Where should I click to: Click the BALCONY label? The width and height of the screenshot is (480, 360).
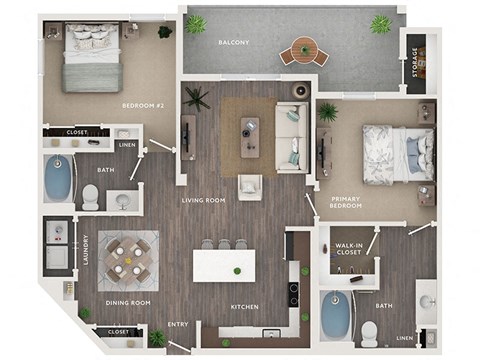[234, 43]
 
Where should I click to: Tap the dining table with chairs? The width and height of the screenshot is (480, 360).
[128, 257]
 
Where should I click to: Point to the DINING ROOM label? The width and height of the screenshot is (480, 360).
[127, 303]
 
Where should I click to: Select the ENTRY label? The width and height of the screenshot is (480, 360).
[179, 324]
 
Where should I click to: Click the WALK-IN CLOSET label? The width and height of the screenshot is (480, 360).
[348, 248]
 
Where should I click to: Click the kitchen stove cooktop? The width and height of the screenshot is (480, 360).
[295, 294]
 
